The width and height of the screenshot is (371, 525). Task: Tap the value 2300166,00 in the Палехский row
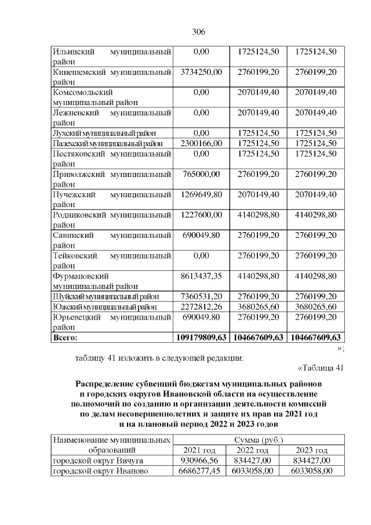click(x=201, y=143)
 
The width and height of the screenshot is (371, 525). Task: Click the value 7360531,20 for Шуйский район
click(x=201, y=296)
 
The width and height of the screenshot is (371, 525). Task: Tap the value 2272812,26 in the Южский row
click(x=201, y=306)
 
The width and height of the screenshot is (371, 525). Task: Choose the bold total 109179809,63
click(x=201, y=337)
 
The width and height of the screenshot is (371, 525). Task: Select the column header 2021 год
click(x=199, y=450)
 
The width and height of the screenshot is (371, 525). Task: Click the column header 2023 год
click(x=311, y=450)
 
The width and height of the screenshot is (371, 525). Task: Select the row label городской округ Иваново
click(x=100, y=471)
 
